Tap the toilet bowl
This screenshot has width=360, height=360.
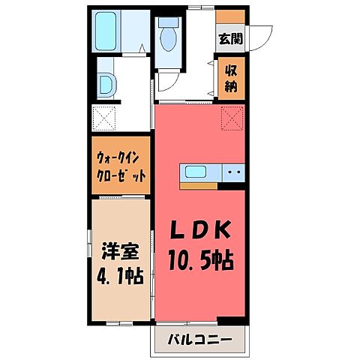pyautogui.click(x=166, y=33)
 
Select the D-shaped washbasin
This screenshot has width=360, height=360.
pyautogui.click(x=106, y=85)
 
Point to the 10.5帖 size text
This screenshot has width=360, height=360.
pyautogui.click(x=199, y=262)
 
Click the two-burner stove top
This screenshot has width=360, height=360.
pyautogui.click(x=232, y=172)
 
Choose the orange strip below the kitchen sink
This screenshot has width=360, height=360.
pyautogui.click(x=198, y=185)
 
